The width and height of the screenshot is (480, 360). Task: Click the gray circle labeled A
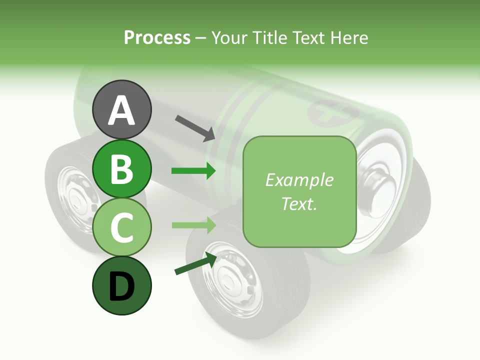pyautogui.click(x=121, y=109)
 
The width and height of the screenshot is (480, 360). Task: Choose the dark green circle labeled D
pyautogui.click(x=121, y=285)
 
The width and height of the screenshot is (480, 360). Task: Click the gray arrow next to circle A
pyautogui.click(x=195, y=127)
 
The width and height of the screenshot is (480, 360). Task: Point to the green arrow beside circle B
pyautogui.click(x=193, y=171)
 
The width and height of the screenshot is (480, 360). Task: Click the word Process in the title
pyautogui.click(x=157, y=38)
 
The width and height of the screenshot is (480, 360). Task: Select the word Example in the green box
pyautogui.click(x=299, y=180)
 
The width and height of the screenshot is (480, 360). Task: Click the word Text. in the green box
pyautogui.click(x=299, y=203)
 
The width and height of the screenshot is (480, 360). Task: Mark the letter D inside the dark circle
pyautogui.click(x=121, y=286)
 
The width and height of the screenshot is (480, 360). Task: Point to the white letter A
pyautogui.click(x=121, y=110)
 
